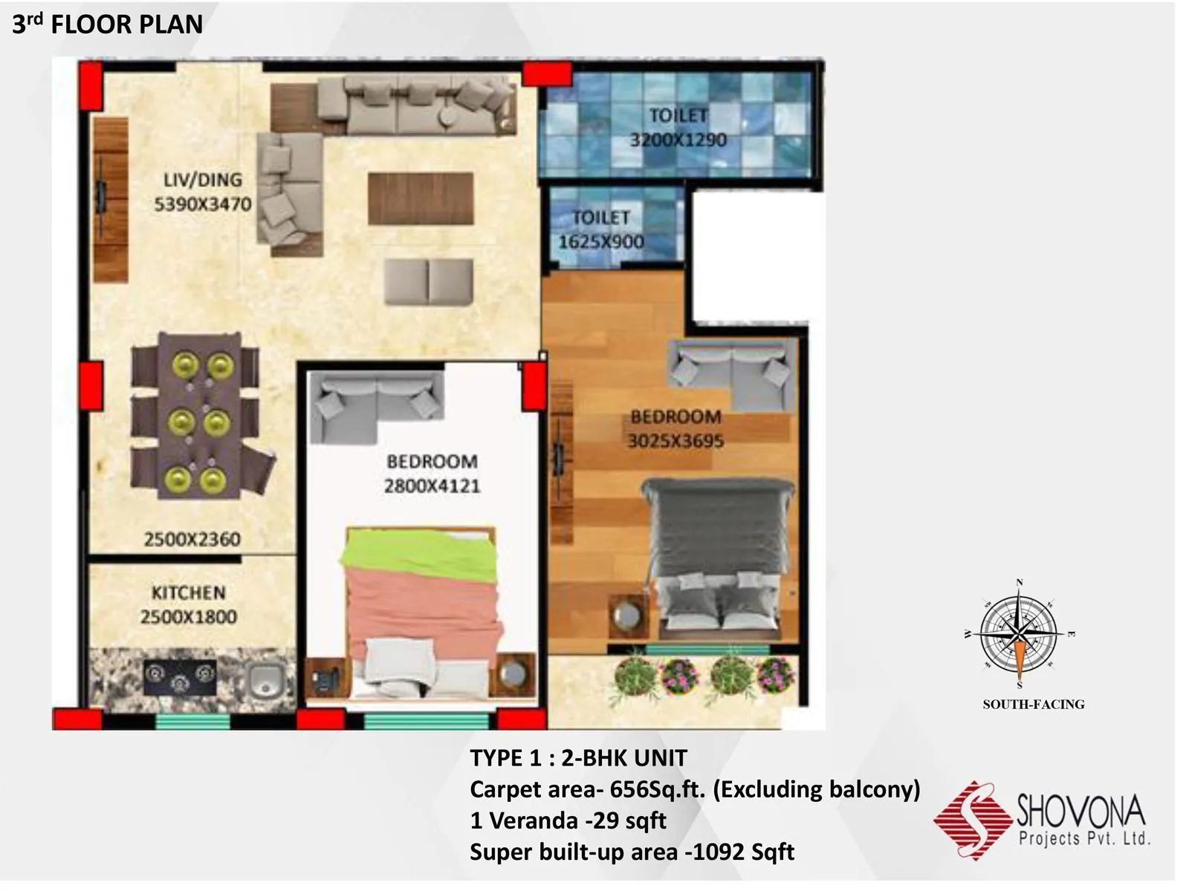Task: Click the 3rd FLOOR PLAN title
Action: pos(107,25)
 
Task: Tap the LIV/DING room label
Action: pos(203,180)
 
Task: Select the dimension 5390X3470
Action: pos(203,204)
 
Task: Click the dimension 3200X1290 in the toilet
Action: pos(678,140)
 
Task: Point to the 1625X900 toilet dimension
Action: pos(601,241)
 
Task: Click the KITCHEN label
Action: pos(188,593)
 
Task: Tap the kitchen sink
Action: pos(262,680)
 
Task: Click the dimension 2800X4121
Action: pos(432,486)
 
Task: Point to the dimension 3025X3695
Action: pos(676,441)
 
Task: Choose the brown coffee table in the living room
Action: pos(421,198)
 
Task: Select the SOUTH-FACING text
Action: pos(1033,704)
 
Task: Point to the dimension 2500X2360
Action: pos(192,539)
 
